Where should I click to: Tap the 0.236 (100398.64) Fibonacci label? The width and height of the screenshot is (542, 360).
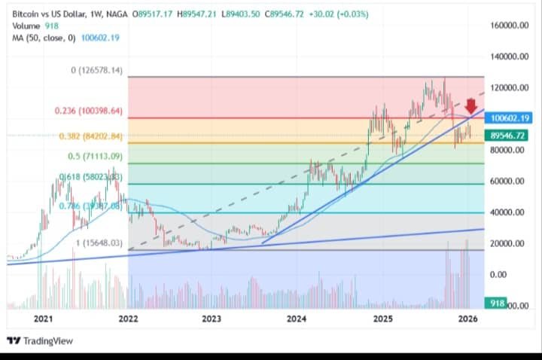click(x=88, y=111)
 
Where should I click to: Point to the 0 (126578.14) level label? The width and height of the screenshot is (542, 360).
click(x=96, y=71)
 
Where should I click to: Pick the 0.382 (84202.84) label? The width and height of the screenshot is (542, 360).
click(x=90, y=136)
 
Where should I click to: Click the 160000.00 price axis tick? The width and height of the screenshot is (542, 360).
click(x=513, y=26)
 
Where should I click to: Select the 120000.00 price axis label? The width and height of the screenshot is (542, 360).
click(x=513, y=87)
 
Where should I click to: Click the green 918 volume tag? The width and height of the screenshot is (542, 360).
click(x=496, y=303)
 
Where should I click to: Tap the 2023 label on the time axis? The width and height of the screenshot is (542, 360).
click(x=212, y=319)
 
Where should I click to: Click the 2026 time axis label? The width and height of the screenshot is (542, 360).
click(x=467, y=319)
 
